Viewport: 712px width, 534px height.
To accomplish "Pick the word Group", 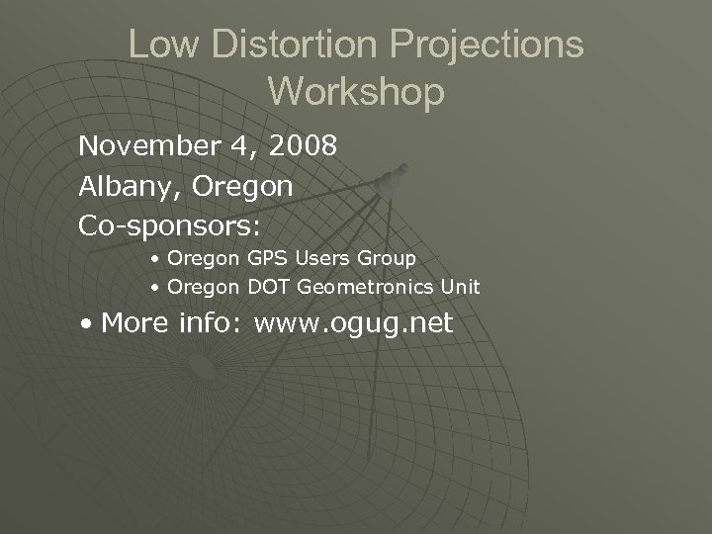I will pyautogui.click(x=387, y=258).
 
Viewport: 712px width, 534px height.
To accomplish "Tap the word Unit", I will pyautogui.click(x=458, y=288).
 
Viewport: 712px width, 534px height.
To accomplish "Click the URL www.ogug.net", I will pyautogui.click(x=353, y=322).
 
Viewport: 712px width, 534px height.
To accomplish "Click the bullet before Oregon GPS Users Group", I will pyautogui.click(x=156, y=259).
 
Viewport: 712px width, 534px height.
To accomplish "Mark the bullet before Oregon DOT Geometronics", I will pyautogui.click(x=156, y=289).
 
